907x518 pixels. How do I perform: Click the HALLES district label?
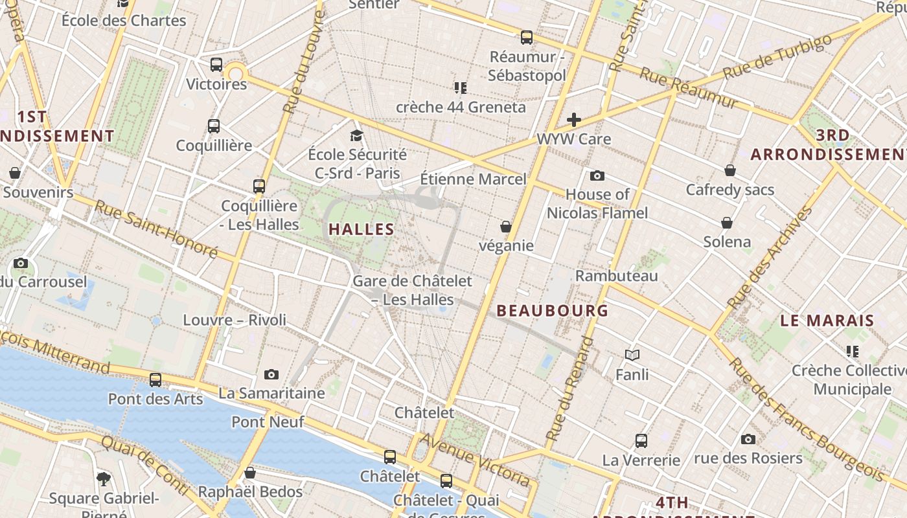(362, 229)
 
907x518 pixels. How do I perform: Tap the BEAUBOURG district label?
(553, 311)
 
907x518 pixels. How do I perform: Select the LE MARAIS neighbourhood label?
(827, 321)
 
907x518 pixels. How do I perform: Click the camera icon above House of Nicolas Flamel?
(597, 175)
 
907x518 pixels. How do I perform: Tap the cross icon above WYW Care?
(573, 120)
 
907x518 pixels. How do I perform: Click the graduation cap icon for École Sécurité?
(356, 135)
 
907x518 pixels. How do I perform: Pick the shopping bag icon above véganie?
(506, 227)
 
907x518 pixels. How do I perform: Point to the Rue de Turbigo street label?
(777, 57)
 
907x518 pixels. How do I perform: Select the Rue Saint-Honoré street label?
(156, 229)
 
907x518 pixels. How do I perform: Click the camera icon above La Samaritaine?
(271, 374)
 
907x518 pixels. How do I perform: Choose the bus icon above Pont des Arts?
(155, 380)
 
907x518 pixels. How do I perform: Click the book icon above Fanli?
(632, 355)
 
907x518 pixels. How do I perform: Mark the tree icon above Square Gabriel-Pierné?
(103, 479)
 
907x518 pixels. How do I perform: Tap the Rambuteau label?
(616, 276)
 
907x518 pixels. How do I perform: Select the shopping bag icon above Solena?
(727, 223)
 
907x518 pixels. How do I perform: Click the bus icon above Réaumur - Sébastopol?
(527, 38)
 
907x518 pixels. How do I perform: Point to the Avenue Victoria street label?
(476, 460)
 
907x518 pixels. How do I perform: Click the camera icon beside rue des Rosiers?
(748, 439)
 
